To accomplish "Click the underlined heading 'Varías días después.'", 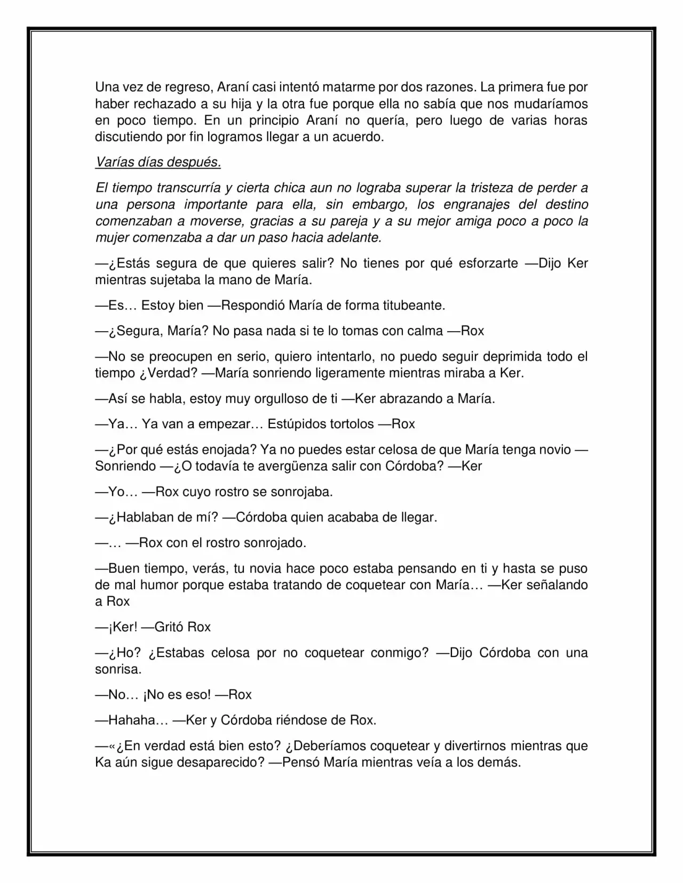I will (x=158, y=162).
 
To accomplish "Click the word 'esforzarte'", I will (x=488, y=263).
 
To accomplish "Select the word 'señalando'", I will (x=557, y=585).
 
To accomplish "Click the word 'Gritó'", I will (x=169, y=627).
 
